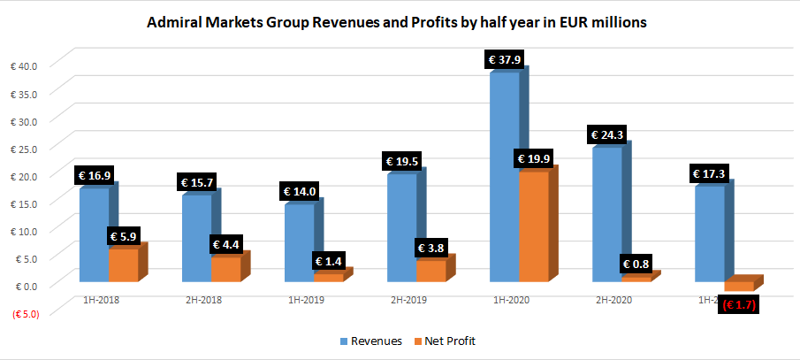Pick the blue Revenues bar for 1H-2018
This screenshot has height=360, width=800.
(93, 235)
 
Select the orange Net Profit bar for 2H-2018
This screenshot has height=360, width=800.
(225, 269)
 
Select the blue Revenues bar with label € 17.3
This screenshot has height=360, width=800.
(710, 235)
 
